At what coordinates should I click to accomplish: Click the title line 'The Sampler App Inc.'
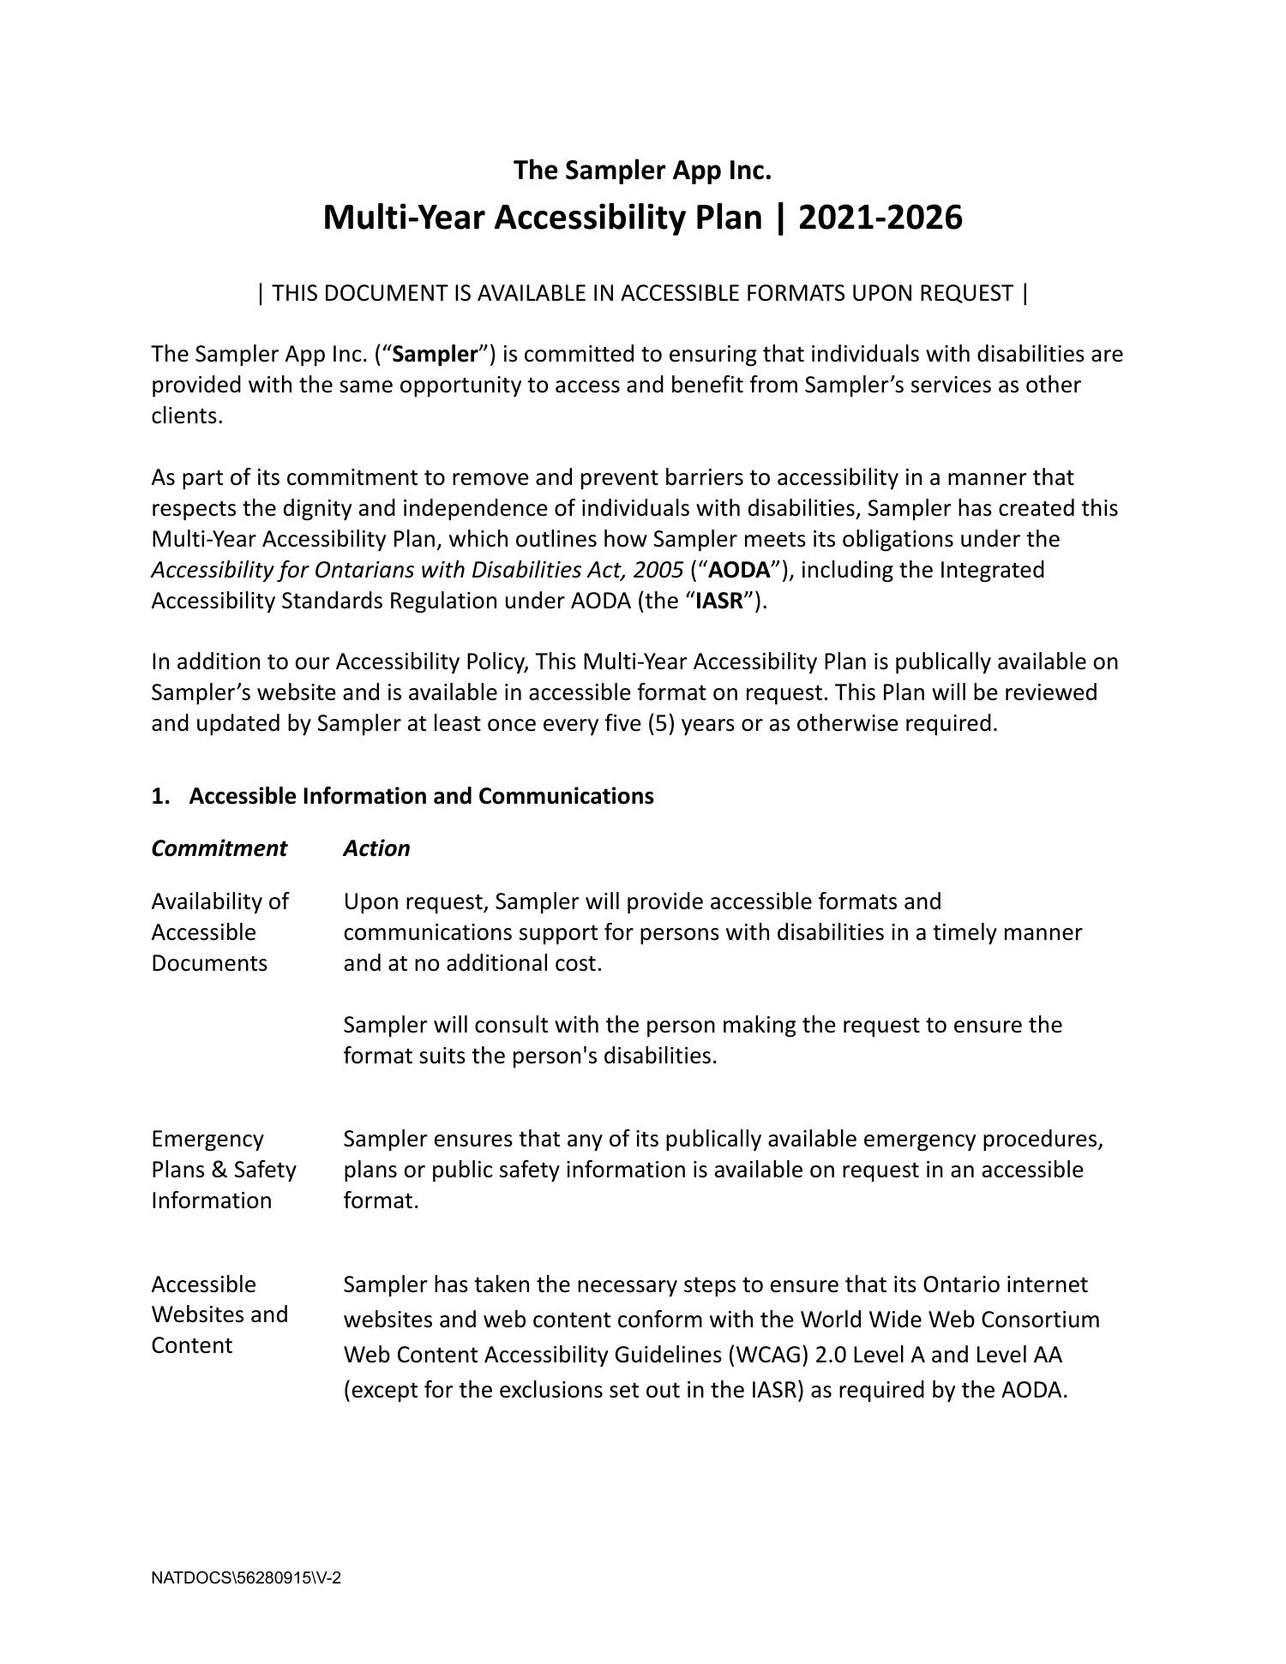click(642, 171)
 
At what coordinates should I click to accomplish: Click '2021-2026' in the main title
click(880, 218)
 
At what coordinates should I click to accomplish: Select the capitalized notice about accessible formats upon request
click(642, 293)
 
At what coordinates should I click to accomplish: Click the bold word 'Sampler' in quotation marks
click(435, 354)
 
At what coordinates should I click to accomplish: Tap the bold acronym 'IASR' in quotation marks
click(718, 601)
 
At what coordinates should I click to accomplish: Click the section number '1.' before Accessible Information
click(160, 796)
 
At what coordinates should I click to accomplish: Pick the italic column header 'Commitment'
click(219, 848)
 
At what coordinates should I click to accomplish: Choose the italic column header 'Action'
click(376, 848)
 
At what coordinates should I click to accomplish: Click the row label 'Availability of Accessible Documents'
click(219, 932)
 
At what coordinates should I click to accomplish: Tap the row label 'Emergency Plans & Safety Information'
click(223, 1170)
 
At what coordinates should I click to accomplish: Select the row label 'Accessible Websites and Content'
click(219, 1314)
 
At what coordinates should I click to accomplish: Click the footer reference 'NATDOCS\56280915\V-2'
click(246, 1578)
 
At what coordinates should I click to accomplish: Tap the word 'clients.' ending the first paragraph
click(187, 416)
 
